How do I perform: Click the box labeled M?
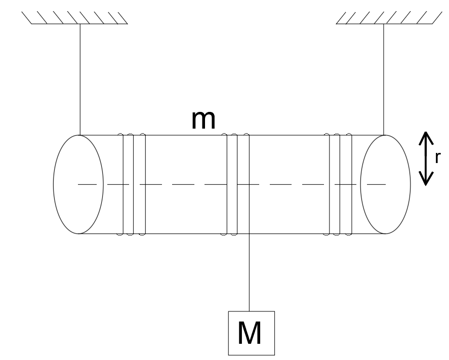252,333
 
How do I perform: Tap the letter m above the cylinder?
203,120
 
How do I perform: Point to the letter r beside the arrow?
437,157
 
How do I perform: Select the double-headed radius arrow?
426,158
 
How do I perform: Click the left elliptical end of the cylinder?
54,184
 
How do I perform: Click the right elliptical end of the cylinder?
411,184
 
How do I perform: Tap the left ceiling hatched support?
74,18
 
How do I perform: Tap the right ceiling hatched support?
389,18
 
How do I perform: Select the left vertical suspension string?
80,79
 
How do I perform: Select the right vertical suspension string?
384,79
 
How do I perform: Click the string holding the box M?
249,272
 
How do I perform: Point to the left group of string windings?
134,184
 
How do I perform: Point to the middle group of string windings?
237,184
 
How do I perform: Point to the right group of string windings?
340,184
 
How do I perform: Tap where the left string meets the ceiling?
80,24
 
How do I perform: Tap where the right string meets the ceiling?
384,24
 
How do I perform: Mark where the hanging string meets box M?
249,311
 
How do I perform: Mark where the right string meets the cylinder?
384,135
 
